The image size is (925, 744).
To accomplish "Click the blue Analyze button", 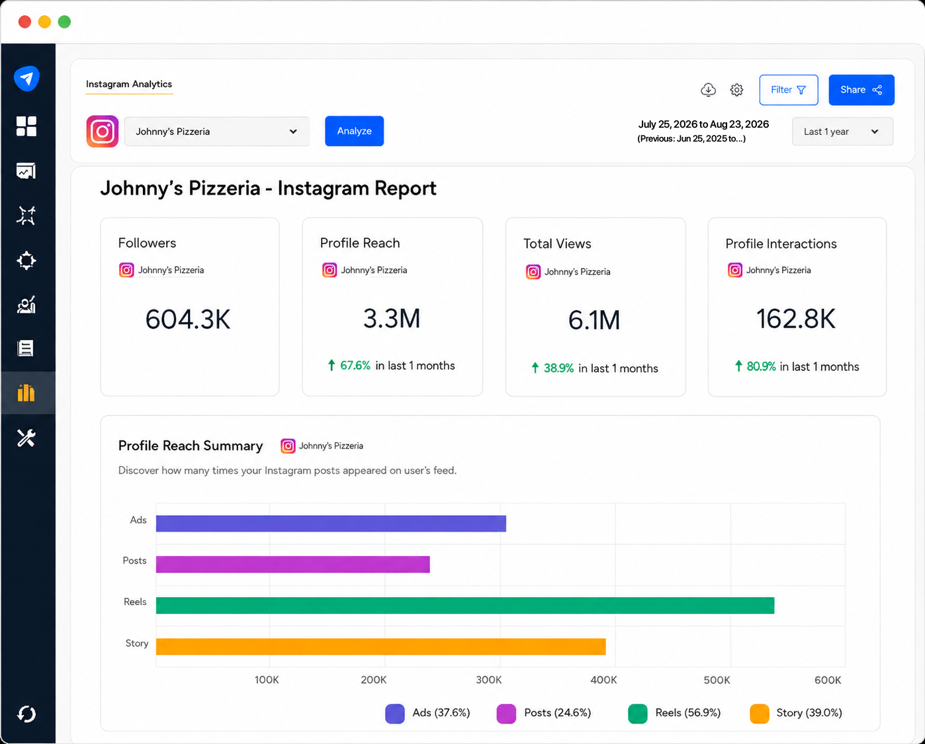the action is pos(354,131).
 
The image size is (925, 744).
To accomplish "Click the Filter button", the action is pos(788,90).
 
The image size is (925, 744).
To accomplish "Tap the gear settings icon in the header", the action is pos(736,90).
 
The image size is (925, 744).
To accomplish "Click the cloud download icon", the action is pos(708,90).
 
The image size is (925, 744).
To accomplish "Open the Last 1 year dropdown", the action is pos(842,132).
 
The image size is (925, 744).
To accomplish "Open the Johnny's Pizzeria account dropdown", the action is pos(217,132).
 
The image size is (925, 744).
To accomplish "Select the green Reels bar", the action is pos(465,605).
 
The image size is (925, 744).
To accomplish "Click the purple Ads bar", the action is pos(331,524).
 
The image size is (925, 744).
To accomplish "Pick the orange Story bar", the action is pos(381,647).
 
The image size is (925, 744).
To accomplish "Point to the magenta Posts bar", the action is pos(292,564).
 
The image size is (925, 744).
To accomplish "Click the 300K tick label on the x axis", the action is pos(489,680).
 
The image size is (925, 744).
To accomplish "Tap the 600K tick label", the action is pos(828,680).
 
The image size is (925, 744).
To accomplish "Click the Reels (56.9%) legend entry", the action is pos(674,713).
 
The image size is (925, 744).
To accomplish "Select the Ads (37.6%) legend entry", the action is pos(427,713).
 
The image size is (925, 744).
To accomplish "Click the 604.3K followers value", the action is pos(188,319).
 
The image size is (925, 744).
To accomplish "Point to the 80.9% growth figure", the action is pos(761,366).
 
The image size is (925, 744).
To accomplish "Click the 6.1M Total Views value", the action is pos(594,320).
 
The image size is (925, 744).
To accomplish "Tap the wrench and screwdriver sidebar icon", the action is pos(26,438).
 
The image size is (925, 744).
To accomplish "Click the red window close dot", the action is pos(25,22).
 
